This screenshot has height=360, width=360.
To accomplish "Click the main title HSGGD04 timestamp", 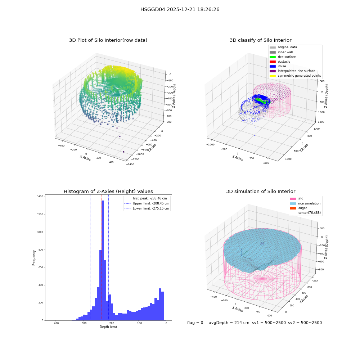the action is pyautogui.click(x=180, y=9).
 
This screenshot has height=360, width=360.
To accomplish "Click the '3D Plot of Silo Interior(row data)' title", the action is pyautogui.click(x=108, y=40).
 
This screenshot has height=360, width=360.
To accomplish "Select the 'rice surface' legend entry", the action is pyautogui.click(x=283, y=57).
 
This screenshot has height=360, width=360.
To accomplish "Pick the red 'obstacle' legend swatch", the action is pyautogui.click(x=273, y=62).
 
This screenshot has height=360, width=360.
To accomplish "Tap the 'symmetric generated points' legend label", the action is pyautogui.click(x=299, y=76).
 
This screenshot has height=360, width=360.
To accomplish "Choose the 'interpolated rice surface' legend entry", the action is pyautogui.click(x=292, y=71).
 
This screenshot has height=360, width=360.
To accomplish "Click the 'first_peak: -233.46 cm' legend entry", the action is pyautogui.click(x=145, y=198).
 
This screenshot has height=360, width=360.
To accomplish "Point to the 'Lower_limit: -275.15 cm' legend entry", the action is pyautogui.click(x=147, y=208).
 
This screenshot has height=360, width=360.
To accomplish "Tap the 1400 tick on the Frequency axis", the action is pyautogui.click(x=40, y=197).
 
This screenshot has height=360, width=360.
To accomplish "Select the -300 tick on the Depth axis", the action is pyautogui.click(x=83, y=323).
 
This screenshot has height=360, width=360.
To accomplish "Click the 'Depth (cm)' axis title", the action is pyautogui.click(x=108, y=327).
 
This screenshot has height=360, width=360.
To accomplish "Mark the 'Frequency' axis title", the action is pyautogui.click(x=34, y=258).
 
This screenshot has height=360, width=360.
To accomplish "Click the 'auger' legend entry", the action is pyautogui.click(x=298, y=208).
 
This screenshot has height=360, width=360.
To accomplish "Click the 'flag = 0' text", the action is pyautogui.click(x=195, y=323).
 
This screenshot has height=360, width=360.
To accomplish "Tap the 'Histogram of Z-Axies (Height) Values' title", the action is pyautogui.click(x=108, y=192).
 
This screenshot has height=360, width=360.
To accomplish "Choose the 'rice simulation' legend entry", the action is pyautogui.click(x=305, y=203).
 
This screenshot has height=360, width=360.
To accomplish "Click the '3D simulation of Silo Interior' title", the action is pyautogui.click(x=261, y=192).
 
